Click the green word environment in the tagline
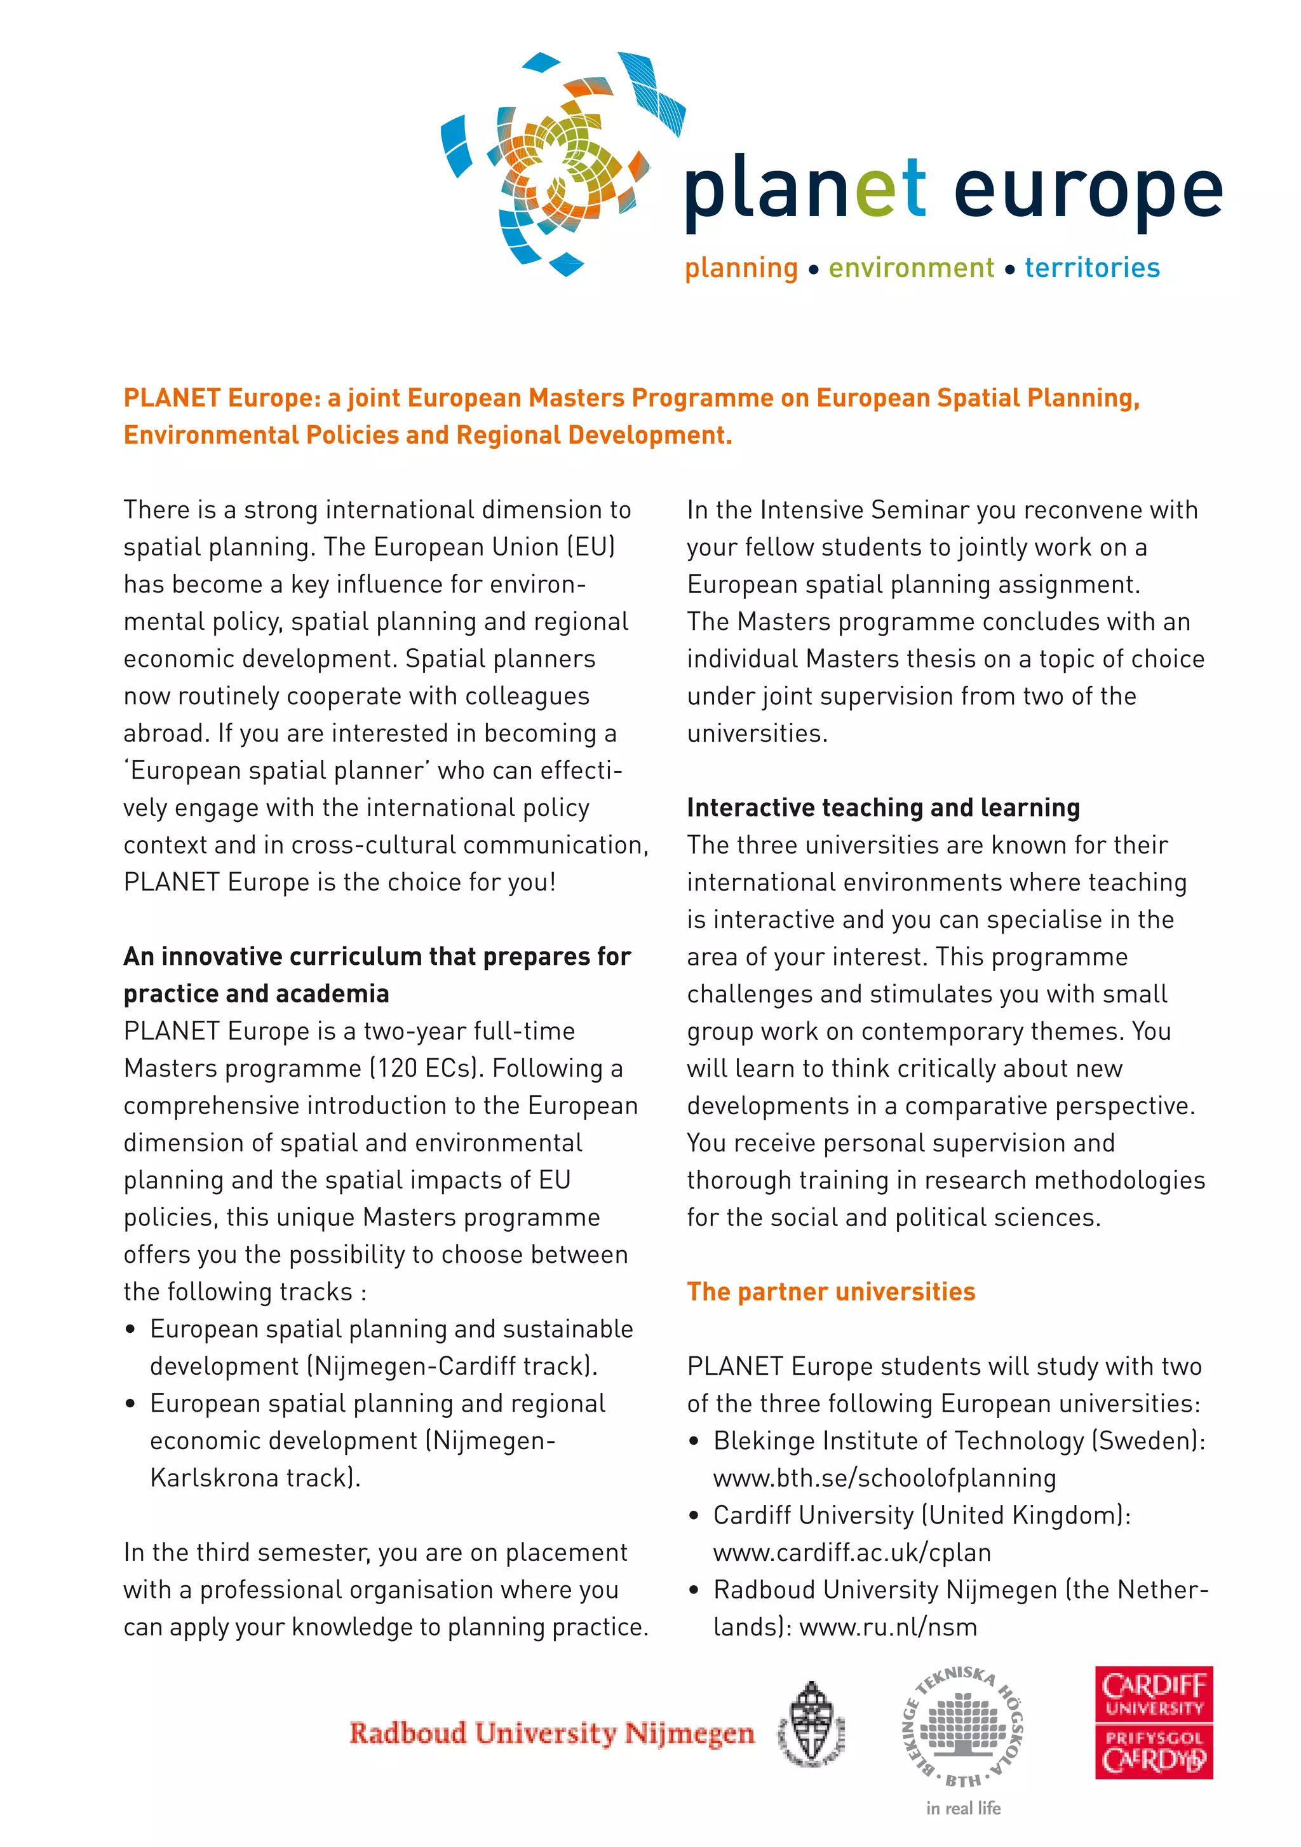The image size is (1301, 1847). tap(910, 268)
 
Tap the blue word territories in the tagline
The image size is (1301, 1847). tap(1091, 268)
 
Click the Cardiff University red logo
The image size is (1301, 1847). tap(1152, 1722)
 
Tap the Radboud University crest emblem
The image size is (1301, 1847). tap(811, 1724)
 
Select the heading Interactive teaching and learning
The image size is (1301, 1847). tap(882, 808)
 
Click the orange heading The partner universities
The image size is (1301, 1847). tap(830, 1292)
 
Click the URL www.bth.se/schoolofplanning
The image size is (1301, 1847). tap(884, 1478)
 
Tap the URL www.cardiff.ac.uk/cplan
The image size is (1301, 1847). tap(851, 1553)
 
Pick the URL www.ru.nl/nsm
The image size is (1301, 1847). tap(887, 1627)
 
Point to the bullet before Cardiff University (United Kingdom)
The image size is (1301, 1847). tap(694, 1516)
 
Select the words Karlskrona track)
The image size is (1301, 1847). tap(255, 1478)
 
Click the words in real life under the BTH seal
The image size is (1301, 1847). tap(962, 1808)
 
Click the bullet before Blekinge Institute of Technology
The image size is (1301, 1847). tap(694, 1441)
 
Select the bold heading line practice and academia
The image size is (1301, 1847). tap(256, 994)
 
